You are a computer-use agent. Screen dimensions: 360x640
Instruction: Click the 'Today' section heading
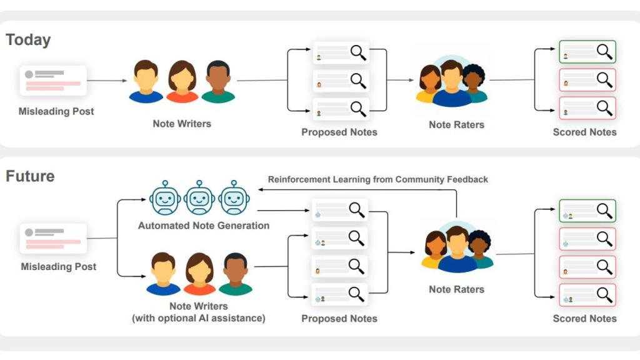pyautogui.click(x=28, y=40)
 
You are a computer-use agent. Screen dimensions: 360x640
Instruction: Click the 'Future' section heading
pyautogui.click(x=30, y=176)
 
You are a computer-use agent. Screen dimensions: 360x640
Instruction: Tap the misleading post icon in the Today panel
pyautogui.click(x=53, y=81)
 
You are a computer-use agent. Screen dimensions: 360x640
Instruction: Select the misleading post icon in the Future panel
pyautogui.click(x=53, y=238)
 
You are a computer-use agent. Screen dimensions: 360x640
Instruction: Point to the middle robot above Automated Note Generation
pyautogui.click(x=199, y=199)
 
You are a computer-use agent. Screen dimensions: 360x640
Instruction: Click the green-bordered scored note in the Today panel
pyautogui.click(x=587, y=52)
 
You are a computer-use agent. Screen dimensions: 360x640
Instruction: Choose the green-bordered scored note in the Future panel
pyautogui.click(x=587, y=211)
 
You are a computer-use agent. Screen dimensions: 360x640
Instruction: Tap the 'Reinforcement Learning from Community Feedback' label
pyautogui.click(x=378, y=179)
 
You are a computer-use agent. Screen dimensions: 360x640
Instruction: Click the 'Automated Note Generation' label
pyautogui.click(x=204, y=226)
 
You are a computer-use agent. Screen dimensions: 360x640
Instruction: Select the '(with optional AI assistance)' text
pyautogui.click(x=198, y=318)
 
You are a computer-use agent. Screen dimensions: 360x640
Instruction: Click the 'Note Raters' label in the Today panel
pyautogui.click(x=456, y=124)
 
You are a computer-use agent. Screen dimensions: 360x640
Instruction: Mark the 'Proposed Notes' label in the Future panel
pyautogui.click(x=339, y=319)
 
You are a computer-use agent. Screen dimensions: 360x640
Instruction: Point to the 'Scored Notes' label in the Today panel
pyautogui.click(x=584, y=132)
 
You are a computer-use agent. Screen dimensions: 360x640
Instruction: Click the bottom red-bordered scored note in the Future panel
pyautogui.click(x=587, y=295)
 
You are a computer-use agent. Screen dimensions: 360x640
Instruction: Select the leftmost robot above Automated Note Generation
pyautogui.click(x=165, y=199)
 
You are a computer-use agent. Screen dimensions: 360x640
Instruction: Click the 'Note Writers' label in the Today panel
pyautogui.click(x=182, y=124)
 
